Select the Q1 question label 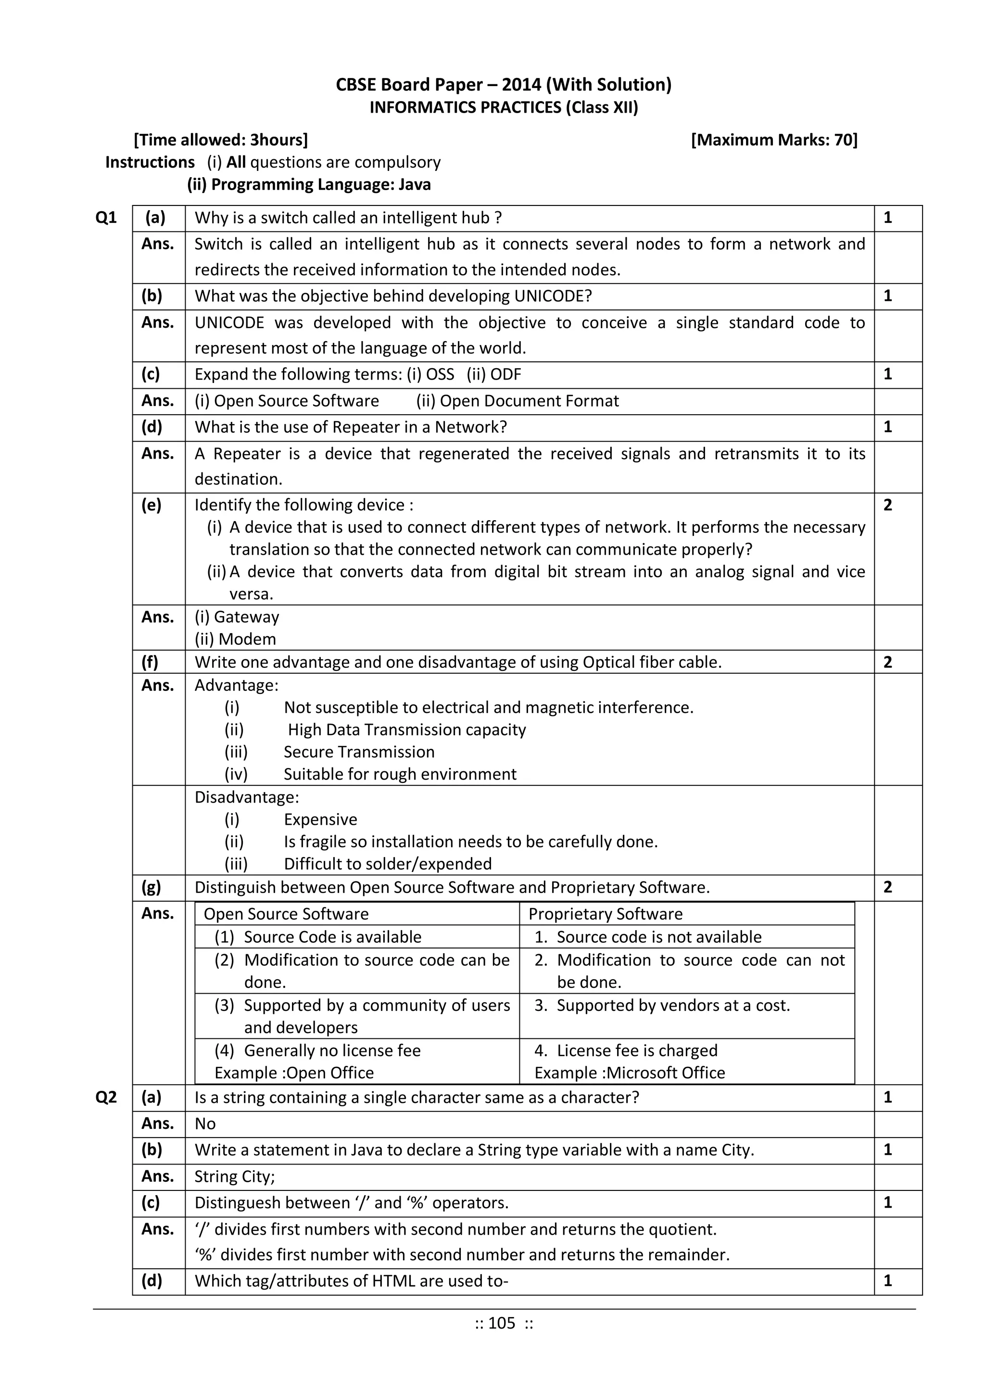[x=106, y=218]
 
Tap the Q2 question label [x=106, y=1097]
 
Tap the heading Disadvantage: [x=246, y=797]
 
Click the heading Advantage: [x=237, y=685]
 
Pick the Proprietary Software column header [x=606, y=914]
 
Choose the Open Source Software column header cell [x=286, y=914]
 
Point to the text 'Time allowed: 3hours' [x=221, y=140]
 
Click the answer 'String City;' [x=235, y=1176]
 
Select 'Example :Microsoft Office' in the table [x=630, y=1073]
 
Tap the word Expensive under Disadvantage [x=320, y=819]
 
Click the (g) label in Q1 [x=151, y=887]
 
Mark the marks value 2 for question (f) [x=887, y=662]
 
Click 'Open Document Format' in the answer [x=529, y=401]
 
